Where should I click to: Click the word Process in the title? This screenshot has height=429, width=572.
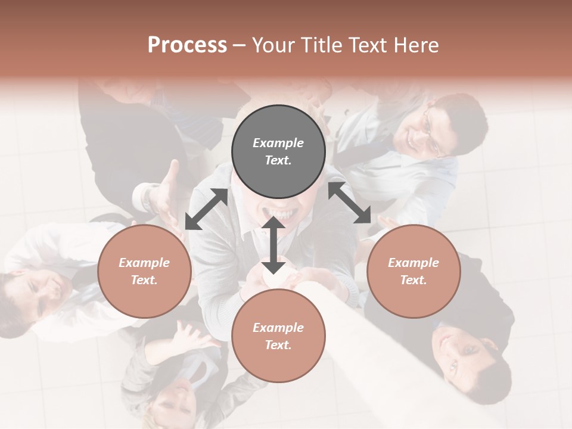pos(187,45)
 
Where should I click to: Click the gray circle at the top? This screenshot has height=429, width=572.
pos(278,152)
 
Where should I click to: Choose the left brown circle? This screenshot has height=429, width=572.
pos(144,271)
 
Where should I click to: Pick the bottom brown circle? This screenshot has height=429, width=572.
pos(278,336)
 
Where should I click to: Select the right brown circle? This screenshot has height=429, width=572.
pos(413,271)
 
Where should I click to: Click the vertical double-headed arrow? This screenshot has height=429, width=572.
pos(273,245)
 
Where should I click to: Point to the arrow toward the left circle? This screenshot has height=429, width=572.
pos(206,209)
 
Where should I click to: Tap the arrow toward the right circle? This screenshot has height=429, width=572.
pos(350,203)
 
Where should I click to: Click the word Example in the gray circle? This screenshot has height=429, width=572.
pos(278,143)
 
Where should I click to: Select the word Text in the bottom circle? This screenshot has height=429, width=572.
pos(277,345)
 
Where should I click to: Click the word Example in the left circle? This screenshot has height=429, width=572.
pos(144,263)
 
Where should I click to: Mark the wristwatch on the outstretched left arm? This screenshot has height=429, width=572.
pos(150,198)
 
